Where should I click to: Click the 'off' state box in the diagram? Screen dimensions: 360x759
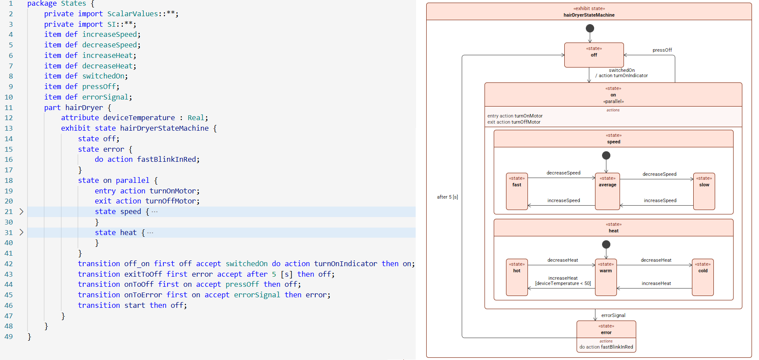pos(594,55)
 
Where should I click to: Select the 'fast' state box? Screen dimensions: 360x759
pos(517,191)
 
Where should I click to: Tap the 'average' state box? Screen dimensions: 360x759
pos(607,191)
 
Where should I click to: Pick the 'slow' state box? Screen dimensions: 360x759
pos(704,191)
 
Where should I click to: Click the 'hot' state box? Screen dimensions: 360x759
pos(517,277)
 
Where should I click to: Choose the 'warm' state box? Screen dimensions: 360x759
pos(606,277)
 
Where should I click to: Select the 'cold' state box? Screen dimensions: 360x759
pos(702,277)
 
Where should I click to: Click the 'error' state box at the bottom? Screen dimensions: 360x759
pos(606,336)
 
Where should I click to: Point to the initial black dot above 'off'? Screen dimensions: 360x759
pos(590,29)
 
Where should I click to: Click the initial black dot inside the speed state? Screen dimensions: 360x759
pos(606,155)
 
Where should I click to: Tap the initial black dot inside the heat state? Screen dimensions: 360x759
pos(606,244)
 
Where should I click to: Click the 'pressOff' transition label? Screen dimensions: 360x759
pos(662,50)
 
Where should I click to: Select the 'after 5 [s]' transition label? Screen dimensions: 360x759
pos(447,197)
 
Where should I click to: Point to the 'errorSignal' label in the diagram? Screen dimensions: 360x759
pos(613,315)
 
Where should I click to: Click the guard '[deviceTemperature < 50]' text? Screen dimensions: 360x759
pos(563,284)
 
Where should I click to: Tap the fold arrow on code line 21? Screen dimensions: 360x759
pos(21,212)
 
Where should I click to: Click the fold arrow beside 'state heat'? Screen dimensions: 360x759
pos(21,232)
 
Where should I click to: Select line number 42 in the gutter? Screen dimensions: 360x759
pos(9,264)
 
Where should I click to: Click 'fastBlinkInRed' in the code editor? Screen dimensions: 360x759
pos(167,160)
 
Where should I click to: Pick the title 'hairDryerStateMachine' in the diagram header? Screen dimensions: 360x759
pos(589,15)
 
